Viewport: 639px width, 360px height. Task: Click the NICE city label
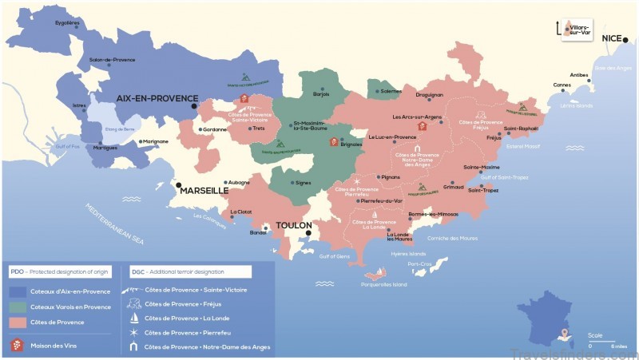(615, 38)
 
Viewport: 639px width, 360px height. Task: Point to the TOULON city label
(293, 225)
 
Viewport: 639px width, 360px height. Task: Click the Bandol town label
(258, 232)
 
